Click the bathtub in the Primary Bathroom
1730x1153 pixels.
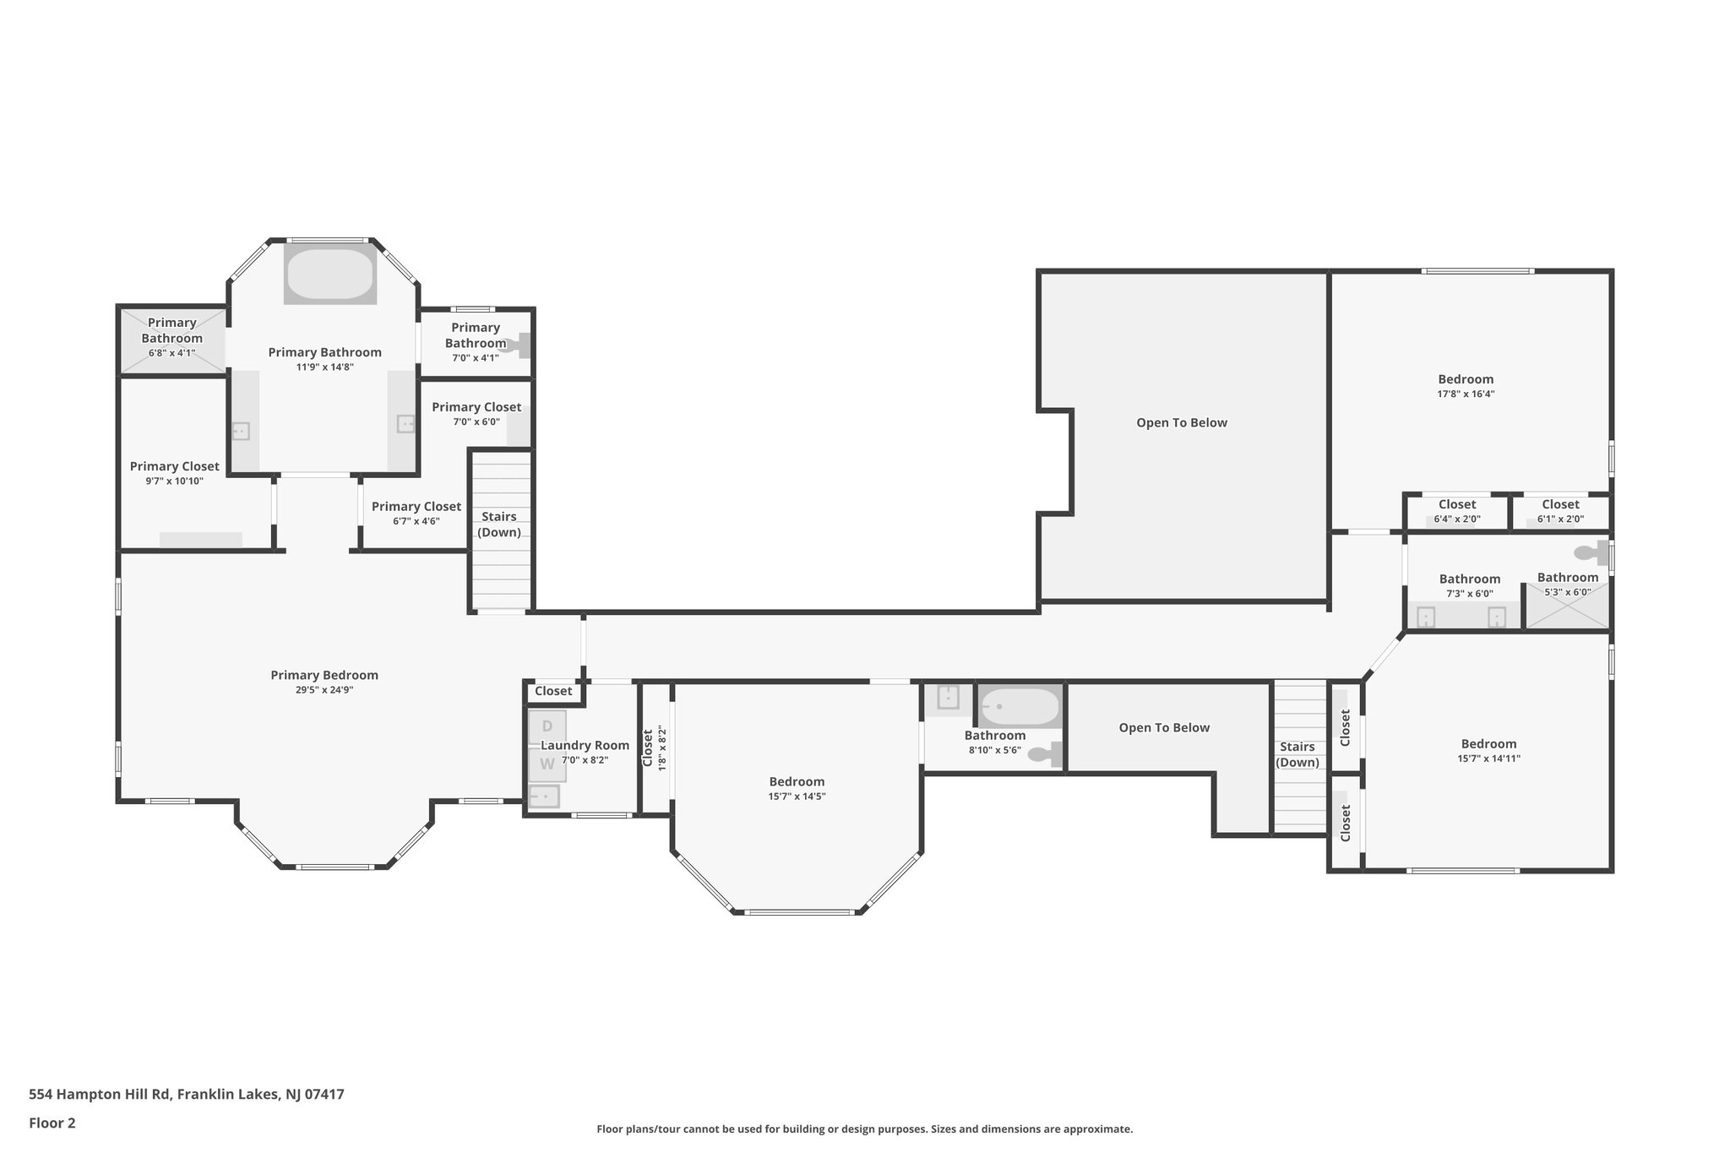(329, 275)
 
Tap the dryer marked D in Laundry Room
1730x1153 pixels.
(547, 727)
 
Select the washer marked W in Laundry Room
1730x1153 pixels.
(547, 764)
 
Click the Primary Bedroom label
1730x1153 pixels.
(324, 675)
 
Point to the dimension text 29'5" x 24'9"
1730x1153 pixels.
(324, 690)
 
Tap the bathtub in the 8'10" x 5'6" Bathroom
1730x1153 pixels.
(1019, 706)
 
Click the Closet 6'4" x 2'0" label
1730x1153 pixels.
(1457, 504)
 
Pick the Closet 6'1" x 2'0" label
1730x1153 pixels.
(1560, 504)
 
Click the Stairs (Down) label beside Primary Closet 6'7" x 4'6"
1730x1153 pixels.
(499, 525)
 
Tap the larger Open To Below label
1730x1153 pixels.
(1182, 422)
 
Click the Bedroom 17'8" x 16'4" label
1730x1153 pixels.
(1466, 379)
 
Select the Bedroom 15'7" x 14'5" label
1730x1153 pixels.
(797, 781)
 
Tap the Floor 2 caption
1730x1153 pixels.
(52, 1123)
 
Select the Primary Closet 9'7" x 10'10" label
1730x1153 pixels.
(175, 466)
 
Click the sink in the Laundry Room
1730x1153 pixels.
(544, 796)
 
